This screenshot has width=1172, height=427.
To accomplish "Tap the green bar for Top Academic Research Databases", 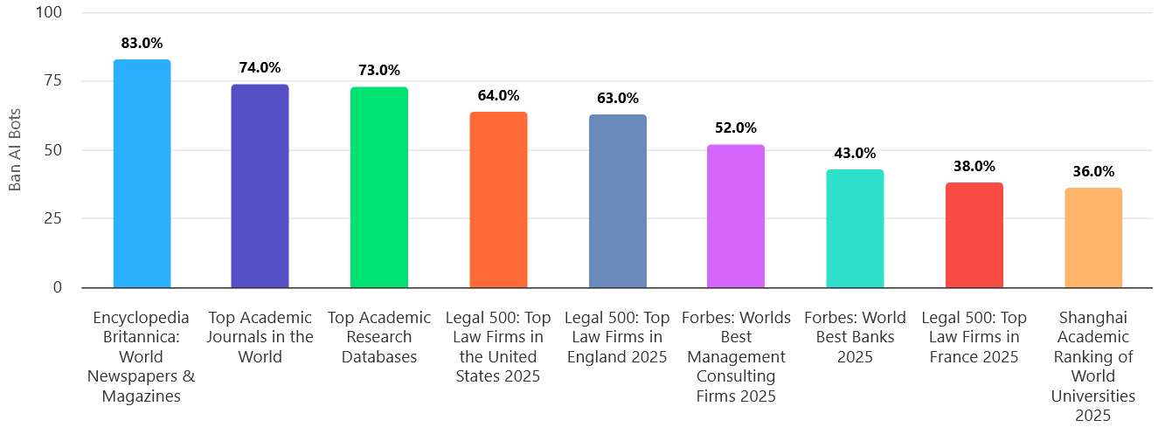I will point(378,187).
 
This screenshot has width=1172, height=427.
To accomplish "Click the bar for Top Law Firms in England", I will point(617,201).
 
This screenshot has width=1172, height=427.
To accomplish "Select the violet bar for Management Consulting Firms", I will point(735,216).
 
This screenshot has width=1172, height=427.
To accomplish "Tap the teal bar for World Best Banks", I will point(855,228).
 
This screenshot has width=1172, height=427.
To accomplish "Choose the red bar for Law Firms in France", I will point(974,235).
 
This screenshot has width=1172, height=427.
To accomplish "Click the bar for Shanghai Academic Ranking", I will point(1092,238).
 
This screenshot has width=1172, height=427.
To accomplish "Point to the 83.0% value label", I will point(142,43).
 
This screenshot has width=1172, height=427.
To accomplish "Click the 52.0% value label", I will point(735,127).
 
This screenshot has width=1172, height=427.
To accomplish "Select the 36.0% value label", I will point(1092,171).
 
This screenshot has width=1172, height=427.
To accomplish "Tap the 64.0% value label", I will point(498,95).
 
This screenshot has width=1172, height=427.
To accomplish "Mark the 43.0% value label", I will point(855,153).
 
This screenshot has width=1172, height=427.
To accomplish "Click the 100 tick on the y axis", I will point(50,13).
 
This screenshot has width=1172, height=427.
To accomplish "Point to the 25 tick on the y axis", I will point(53,218).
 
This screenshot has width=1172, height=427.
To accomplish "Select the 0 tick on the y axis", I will point(58,287).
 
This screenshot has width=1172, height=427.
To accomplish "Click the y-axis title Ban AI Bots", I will point(16,150).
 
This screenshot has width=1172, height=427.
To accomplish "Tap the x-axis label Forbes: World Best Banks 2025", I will point(855,337).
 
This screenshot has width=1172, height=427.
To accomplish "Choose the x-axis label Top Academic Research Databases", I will point(378,337).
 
